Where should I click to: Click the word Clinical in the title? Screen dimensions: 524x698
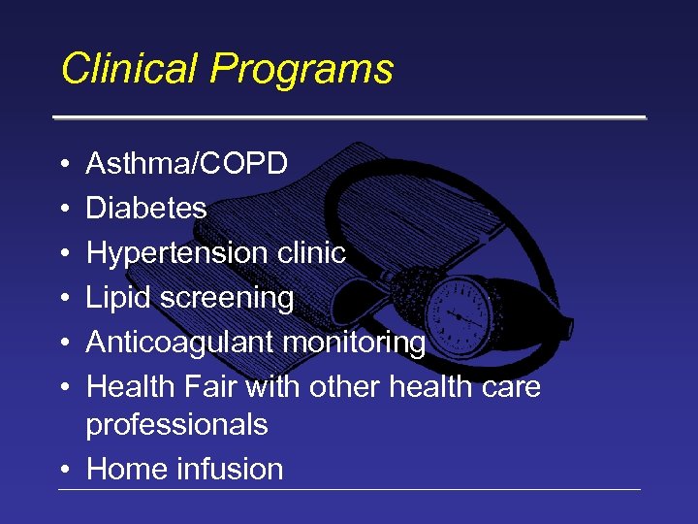point(130,70)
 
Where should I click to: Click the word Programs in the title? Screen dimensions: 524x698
point(302,70)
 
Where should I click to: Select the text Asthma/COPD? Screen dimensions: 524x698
point(186,164)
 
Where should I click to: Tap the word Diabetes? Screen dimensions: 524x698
point(146,209)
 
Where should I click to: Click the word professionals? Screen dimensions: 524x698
point(176,425)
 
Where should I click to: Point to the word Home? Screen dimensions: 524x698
point(127,470)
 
